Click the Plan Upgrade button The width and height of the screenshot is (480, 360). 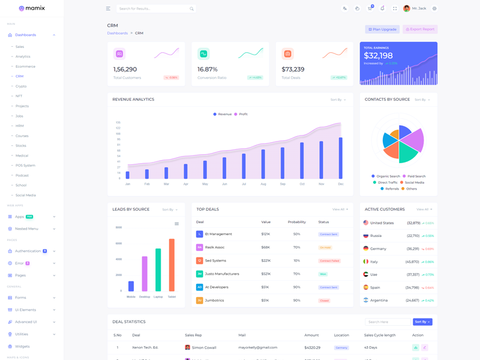pyautogui.click(x=382, y=29)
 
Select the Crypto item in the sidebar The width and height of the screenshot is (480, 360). pyautogui.click(x=21, y=86)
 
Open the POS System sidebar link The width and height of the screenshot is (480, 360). pyautogui.click(x=25, y=166)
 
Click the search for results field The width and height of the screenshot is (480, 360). pyautogui.click(x=153, y=9)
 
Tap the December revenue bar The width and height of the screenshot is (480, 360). pyautogui.click(x=341, y=158)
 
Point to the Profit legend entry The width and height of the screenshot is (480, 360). pyautogui.click(x=241, y=114)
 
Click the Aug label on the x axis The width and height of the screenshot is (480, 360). pyautogui.click(x=263, y=184)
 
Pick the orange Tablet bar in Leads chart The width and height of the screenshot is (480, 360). pyautogui.click(x=172, y=265)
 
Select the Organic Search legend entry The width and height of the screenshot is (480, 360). pyautogui.click(x=388, y=176)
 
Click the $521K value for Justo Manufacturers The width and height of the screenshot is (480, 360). pyautogui.click(x=265, y=274)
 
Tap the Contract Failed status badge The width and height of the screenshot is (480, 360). pyautogui.click(x=329, y=261)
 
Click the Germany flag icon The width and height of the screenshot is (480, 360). pyautogui.click(x=366, y=248)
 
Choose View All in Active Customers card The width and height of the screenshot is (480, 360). pyautogui.click(x=424, y=209)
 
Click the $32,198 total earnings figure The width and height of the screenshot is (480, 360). pyautogui.click(x=378, y=56)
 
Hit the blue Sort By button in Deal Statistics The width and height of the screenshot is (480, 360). pyautogui.click(x=422, y=322)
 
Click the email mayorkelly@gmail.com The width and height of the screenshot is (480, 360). pyautogui.click(x=258, y=347)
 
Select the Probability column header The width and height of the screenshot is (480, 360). pyautogui.click(x=296, y=223)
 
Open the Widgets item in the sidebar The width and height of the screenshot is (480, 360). pyautogui.click(x=22, y=347)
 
